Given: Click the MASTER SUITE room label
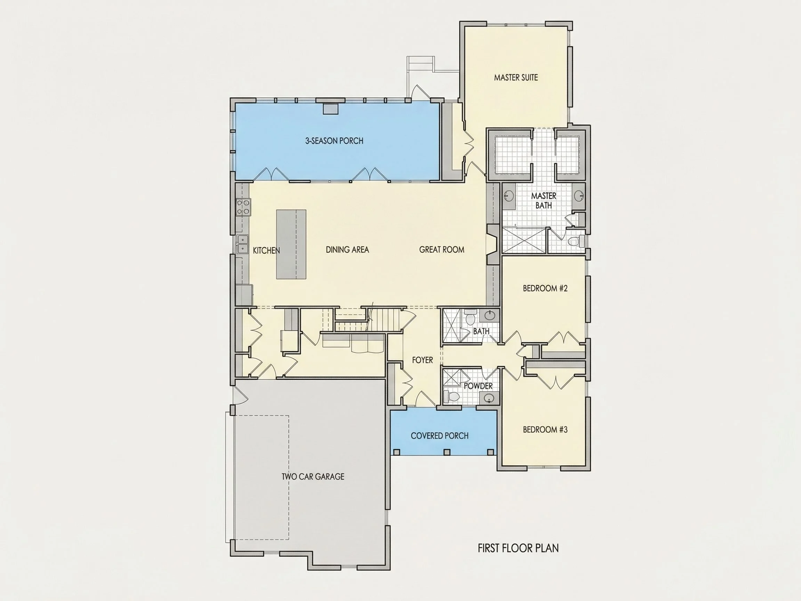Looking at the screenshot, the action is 516,77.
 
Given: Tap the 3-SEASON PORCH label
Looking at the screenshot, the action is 334,141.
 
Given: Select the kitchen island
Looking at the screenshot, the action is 291,244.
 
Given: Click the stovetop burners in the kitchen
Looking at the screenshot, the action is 243,207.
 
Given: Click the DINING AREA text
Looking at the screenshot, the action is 347,250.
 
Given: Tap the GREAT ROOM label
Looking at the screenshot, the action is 442,250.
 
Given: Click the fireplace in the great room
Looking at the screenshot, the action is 493,245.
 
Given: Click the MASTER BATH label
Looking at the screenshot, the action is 543,200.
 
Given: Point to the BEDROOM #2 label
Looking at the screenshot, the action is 545,288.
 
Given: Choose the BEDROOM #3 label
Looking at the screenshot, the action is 545,430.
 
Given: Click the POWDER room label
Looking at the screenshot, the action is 478,386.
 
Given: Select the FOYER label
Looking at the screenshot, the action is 422,360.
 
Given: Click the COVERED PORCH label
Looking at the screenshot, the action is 439,436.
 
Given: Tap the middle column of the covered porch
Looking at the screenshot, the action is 447,452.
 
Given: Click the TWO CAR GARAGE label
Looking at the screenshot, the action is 313,477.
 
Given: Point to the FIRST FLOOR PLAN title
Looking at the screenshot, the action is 518,548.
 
